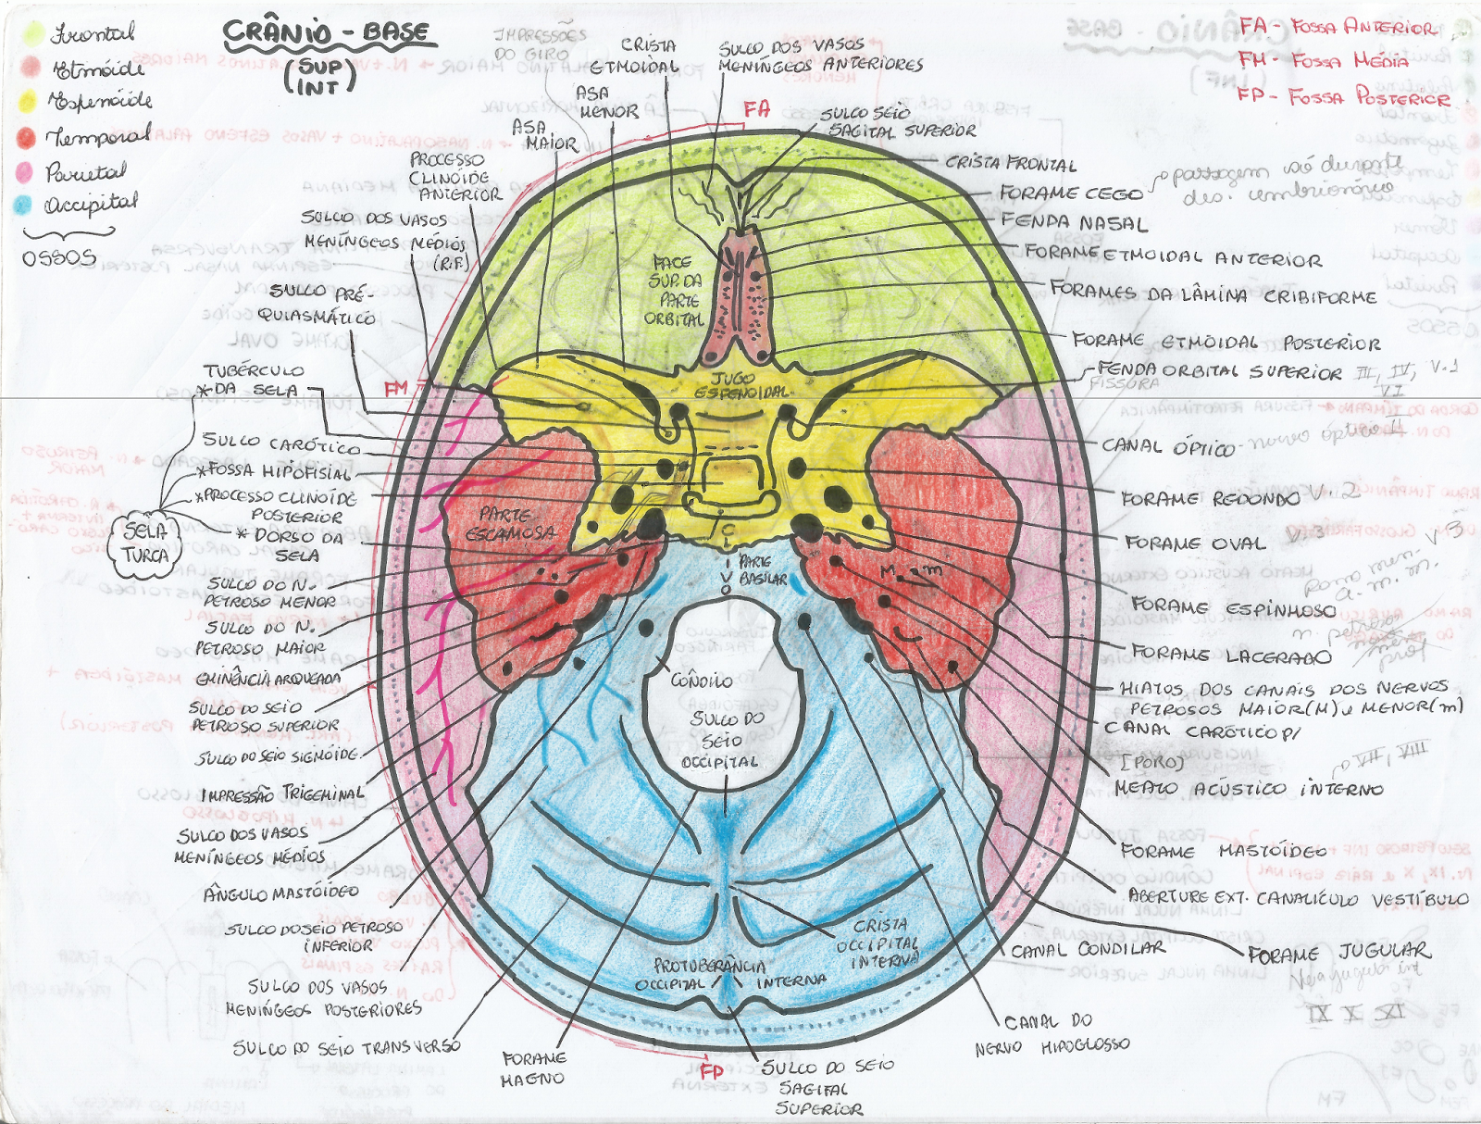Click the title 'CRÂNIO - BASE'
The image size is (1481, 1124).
tap(327, 33)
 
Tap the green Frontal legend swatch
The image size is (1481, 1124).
tap(33, 34)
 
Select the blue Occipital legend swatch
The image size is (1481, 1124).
tap(23, 206)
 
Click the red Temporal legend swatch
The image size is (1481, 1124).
tap(26, 138)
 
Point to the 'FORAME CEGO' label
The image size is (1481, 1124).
tap(1071, 194)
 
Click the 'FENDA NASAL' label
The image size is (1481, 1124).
tap(1074, 223)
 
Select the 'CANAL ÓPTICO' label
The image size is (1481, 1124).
tap(1167, 447)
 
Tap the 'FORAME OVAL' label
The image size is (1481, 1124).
tap(1193, 543)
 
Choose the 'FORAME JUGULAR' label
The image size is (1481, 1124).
tap(1338, 953)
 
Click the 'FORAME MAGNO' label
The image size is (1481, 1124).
tap(533, 1068)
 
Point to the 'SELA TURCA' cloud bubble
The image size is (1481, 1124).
tap(145, 543)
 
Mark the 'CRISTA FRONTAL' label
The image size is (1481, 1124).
tap(1011, 165)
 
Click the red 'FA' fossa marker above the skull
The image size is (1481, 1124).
tap(756, 109)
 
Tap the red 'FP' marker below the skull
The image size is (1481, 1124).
tap(711, 1071)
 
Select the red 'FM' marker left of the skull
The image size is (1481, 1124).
tap(396, 389)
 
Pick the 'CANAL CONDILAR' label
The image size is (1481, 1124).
tap(1088, 949)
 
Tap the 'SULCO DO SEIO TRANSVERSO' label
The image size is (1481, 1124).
tap(346, 1047)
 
